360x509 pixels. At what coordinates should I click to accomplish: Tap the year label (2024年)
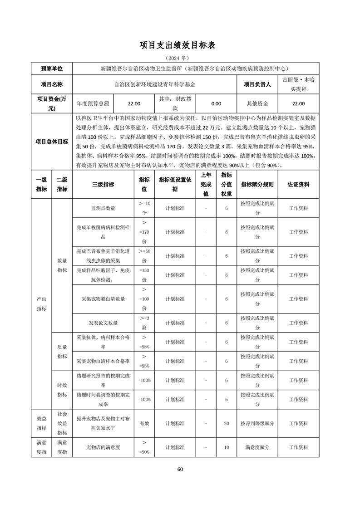(180, 59)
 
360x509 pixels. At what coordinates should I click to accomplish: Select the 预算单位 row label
(52, 69)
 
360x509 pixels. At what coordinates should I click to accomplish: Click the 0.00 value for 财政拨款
(216, 103)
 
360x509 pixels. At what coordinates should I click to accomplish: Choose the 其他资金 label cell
(257, 103)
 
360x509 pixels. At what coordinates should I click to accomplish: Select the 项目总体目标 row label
(52, 142)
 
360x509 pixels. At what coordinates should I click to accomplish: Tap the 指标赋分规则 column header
(257, 185)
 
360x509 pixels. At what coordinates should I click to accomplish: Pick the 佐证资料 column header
(298, 185)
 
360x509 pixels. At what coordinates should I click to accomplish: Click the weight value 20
(227, 423)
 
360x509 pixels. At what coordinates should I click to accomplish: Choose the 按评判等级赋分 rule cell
(257, 423)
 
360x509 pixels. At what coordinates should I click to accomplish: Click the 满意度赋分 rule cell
(257, 447)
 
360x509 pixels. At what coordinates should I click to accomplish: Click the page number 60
(180, 469)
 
